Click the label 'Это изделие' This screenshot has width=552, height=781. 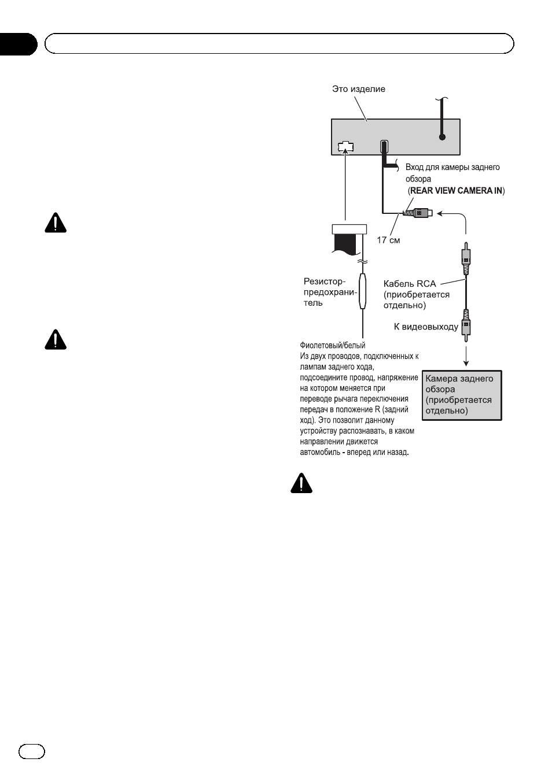(358, 89)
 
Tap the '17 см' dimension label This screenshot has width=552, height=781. (388, 240)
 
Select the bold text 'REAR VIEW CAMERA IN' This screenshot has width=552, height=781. (456, 191)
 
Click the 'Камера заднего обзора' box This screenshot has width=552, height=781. (462, 395)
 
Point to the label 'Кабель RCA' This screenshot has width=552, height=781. (410, 283)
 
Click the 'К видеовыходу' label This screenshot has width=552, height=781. (426, 327)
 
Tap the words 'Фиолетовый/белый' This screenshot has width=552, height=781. (333, 345)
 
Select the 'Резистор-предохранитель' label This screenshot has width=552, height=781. (329, 292)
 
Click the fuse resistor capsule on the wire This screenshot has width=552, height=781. (363, 291)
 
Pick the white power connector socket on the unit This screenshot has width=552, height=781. (345, 147)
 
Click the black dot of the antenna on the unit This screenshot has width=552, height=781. (442, 137)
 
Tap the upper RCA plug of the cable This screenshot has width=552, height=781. (466, 258)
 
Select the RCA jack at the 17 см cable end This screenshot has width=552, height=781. (418, 213)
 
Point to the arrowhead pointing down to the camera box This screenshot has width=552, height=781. (466, 363)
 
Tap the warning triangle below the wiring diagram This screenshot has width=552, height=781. (301, 483)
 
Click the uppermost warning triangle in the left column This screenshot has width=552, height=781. (56, 223)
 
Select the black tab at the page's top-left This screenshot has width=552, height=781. (18, 45)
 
